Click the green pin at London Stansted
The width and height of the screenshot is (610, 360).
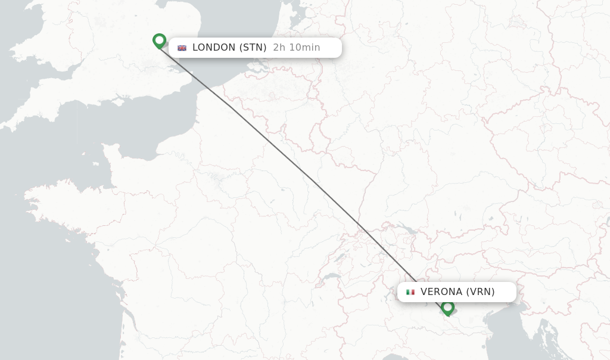pos(159,41)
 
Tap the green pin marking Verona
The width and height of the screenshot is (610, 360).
pos(447,308)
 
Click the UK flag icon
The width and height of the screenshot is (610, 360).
pos(182,48)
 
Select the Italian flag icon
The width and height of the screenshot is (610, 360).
pos(410,292)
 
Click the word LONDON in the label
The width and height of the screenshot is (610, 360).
pos(214,48)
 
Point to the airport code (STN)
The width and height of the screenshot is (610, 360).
pos(253,48)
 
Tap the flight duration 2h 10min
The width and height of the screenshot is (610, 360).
pos(296,48)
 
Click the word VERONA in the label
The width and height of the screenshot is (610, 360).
pos(441,292)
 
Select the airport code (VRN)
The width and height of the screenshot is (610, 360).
pos(480,292)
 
